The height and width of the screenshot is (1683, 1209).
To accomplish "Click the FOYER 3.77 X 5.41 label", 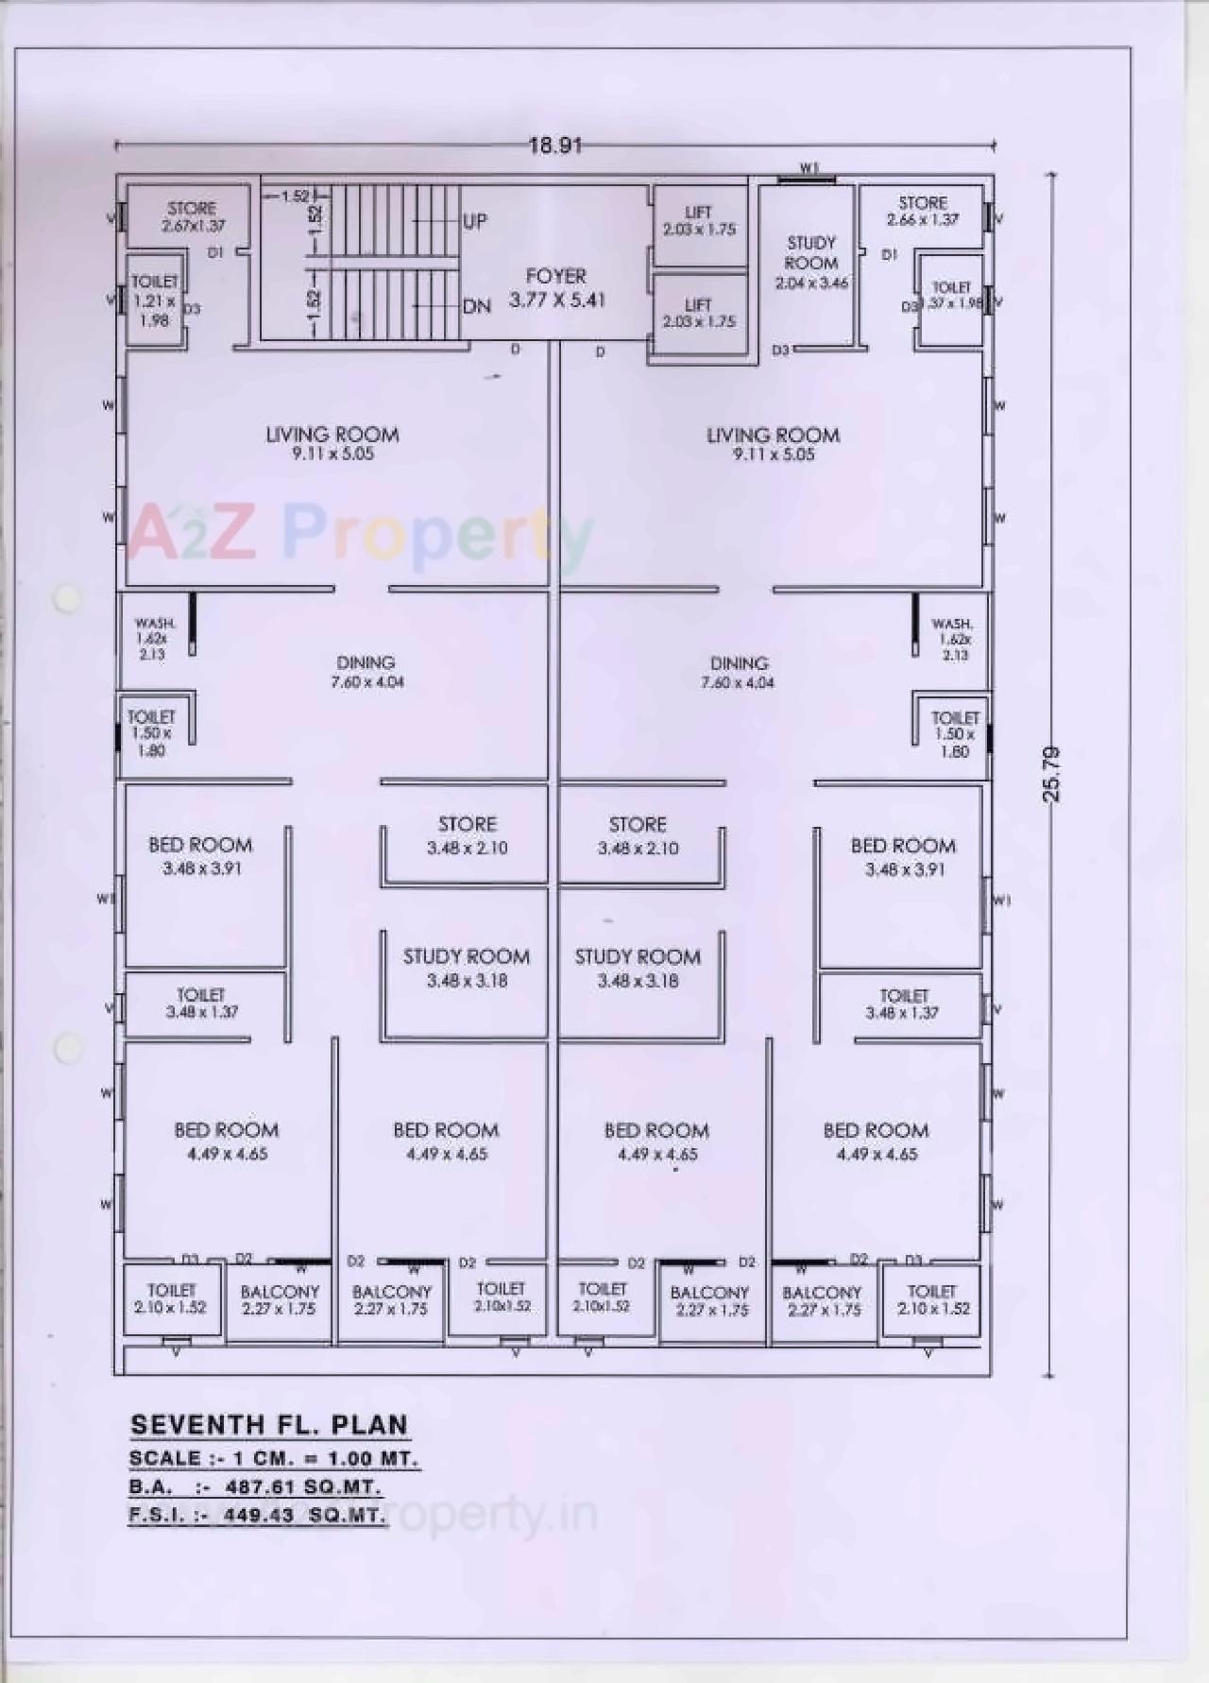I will [556, 288].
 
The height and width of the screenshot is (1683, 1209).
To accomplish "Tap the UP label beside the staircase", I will [475, 221].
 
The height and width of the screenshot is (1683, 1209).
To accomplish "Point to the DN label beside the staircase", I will [477, 306].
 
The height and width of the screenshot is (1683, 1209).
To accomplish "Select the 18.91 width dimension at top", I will [554, 146].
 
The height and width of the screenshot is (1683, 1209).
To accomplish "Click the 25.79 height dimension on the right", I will [1052, 774].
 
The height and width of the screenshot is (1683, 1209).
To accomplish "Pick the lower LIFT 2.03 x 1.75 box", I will [699, 314].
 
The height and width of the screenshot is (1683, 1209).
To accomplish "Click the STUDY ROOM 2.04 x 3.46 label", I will [811, 263].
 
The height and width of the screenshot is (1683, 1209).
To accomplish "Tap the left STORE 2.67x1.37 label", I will [193, 216].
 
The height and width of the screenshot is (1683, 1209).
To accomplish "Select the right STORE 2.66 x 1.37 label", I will [923, 211].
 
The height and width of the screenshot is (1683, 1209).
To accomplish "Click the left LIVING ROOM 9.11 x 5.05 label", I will [332, 443].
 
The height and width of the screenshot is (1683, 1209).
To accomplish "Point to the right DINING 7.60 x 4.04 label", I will [739, 672].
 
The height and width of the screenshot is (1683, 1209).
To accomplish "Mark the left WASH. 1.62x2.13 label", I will [154, 639].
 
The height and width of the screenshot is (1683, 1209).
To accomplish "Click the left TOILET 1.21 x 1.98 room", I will [154, 301].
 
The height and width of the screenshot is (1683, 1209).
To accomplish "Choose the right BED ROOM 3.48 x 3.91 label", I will [903, 856].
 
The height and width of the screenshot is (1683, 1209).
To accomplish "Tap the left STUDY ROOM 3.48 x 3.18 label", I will [467, 968].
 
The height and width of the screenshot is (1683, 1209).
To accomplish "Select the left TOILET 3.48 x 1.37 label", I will [201, 1003].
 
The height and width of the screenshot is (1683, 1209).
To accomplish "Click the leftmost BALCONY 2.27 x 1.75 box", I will [280, 1300].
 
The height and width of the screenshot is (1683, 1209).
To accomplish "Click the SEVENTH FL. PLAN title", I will [269, 1425].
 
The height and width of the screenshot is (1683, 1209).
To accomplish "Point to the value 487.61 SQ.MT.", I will [303, 1486].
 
